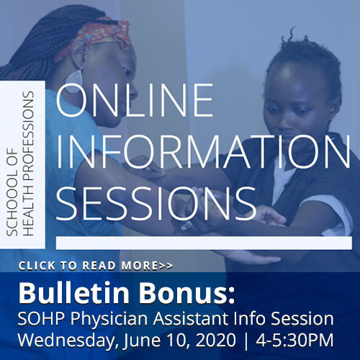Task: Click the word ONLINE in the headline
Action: (x=135, y=100)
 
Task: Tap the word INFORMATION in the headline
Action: (x=204, y=151)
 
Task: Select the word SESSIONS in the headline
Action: (x=156, y=204)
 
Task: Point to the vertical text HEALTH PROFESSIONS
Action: (x=27, y=163)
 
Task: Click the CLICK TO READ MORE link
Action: (x=96, y=266)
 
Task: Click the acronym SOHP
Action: (x=41, y=318)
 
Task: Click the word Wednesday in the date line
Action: (x=68, y=341)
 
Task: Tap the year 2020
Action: (x=216, y=340)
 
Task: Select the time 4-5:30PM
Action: (x=294, y=340)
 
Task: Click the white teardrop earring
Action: (x=74, y=81)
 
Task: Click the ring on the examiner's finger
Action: (x=186, y=226)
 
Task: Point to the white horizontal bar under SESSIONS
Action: (x=204, y=243)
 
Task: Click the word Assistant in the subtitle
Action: (x=191, y=318)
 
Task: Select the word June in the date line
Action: (x=142, y=341)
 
